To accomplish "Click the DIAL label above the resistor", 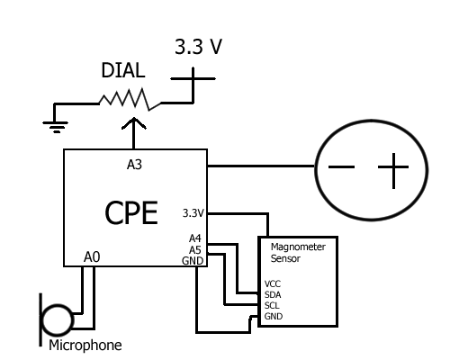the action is pyautogui.click(x=123, y=70).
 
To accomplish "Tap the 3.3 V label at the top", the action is pyautogui.click(x=198, y=47).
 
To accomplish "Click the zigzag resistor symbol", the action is pyautogui.click(x=130, y=99).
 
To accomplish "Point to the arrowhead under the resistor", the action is pyautogui.click(x=134, y=123).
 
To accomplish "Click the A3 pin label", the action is pyautogui.click(x=134, y=165).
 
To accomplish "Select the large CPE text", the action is pyautogui.click(x=131, y=212).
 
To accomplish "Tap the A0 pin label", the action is pyautogui.click(x=92, y=257).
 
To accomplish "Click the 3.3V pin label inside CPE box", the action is pyautogui.click(x=193, y=213).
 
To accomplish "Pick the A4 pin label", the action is pyautogui.click(x=195, y=238).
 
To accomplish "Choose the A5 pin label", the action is pyautogui.click(x=195, y=250).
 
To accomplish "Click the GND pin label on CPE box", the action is pyautogui.click(x=193, y=261).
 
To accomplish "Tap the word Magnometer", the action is pyautogui.click(x=298, y=247).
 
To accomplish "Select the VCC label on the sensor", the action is pyautogui.click(x=273, y=283).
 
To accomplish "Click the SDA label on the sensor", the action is pyautogui.click(x=273, y=295).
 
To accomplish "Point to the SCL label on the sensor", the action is pyautogui.click(x=272, y=306).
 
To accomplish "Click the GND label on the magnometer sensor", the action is pyautogui.click(x=274, y=316).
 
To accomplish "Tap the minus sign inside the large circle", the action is pyautogui.click(x=342, y=166).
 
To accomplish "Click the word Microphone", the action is pyautogui.click(x=85, y=346).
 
